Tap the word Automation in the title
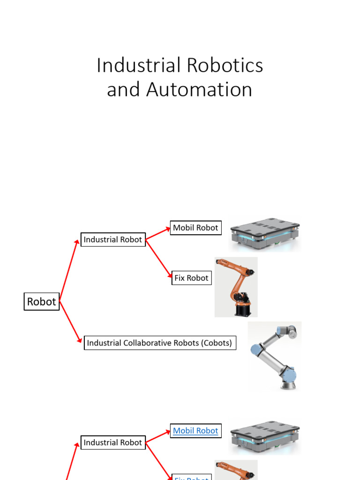200,90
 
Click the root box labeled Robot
42,301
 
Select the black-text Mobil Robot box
195,228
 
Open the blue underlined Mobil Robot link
195,431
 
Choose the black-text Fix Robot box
191,278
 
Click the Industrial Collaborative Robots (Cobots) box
159,343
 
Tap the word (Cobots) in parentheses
217,343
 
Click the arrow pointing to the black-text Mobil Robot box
158,233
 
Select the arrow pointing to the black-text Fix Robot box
159,260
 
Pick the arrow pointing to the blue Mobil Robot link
158,436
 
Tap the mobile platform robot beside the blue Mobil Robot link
264,436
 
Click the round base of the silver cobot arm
288,383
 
